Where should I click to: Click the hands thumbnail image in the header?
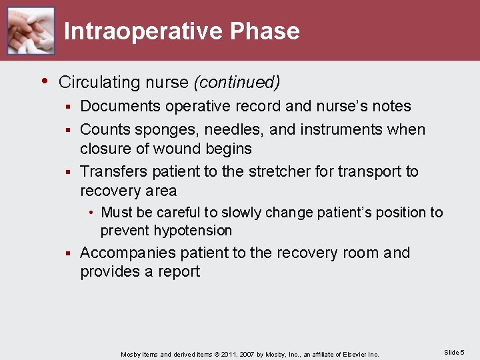click(31, 31)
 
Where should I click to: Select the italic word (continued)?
click(237, 83)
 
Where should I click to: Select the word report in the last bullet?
click(178, 271)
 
